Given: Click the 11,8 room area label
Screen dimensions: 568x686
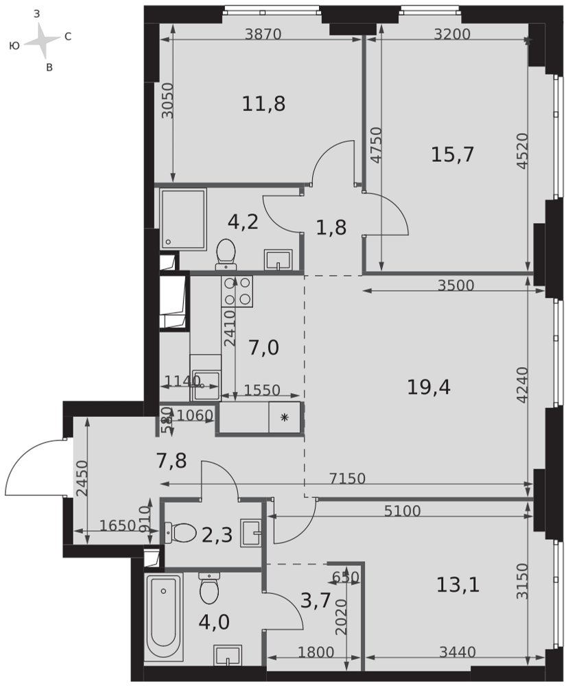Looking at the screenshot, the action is click(x=263, y=104).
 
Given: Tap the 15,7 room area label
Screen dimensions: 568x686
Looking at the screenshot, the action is click(x=453, y=154).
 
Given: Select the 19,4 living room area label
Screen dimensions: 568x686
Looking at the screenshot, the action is click(x=429, y=387).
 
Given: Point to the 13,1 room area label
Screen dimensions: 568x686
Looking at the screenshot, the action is click(x=458, y=584).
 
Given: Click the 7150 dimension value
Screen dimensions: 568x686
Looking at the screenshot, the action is click(x=348, y=478).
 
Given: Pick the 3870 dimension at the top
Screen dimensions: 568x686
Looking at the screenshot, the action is click(x=263, y=34).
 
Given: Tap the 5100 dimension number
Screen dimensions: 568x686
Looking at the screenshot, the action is click(x=402, y=510).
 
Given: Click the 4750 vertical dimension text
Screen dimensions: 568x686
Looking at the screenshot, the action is click(x=375, y=145).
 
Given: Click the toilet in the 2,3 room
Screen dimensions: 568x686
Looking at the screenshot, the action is click(x=180, y=533).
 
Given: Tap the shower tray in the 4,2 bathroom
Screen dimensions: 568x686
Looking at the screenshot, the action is click(x=182, y=220).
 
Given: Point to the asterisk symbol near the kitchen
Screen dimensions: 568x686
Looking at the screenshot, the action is click(x=285, y=417).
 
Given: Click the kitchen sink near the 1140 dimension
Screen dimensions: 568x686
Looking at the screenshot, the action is click(x=206, y=385).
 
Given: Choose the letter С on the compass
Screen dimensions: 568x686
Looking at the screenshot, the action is click(x=68, y=37).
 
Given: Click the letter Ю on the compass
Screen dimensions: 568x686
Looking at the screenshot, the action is click(x=14, y=45).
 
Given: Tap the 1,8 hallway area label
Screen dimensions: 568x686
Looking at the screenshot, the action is click(x=331, y=228).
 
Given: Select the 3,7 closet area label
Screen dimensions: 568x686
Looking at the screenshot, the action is click(x=316, y=602).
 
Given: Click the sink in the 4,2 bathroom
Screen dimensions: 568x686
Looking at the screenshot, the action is click(x=278, y=260).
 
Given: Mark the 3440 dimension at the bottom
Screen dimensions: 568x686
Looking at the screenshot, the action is click(x=458, y=652).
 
